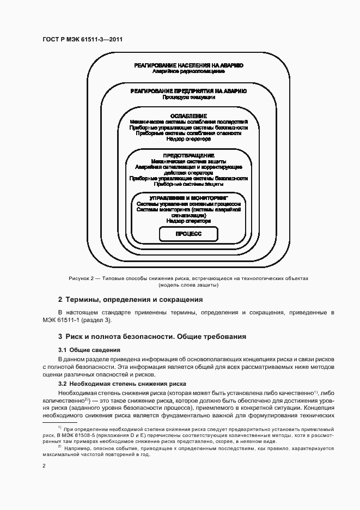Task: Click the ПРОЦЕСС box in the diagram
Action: (188, 234)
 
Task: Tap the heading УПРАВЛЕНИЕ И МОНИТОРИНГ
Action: (188, 198)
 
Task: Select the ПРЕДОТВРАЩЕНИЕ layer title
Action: (188, 155)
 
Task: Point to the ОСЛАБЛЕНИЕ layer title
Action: (188, 116)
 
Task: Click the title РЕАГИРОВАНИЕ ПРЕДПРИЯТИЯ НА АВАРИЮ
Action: (188, 91)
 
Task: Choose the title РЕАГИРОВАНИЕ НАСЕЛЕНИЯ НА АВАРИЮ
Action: (188, 65)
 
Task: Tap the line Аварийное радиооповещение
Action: (188, 72)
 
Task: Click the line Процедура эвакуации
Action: (188, 98)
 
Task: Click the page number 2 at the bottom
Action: (44, 466)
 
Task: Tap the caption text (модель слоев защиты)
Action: (188, 285)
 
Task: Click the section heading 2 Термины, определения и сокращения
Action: (130, 300)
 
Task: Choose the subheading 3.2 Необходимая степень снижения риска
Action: (122, 384)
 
